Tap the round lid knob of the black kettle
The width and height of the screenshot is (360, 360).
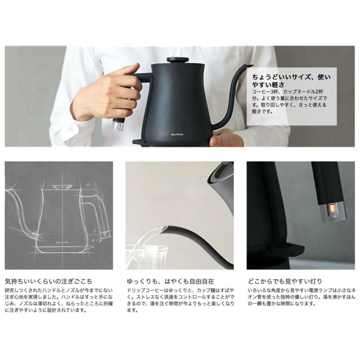coord(178,60)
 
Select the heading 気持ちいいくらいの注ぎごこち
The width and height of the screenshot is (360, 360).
coord(48,281)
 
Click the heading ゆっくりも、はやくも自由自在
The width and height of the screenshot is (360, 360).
coord(170,281)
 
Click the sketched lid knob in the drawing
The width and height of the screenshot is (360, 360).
coord(61,186)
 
